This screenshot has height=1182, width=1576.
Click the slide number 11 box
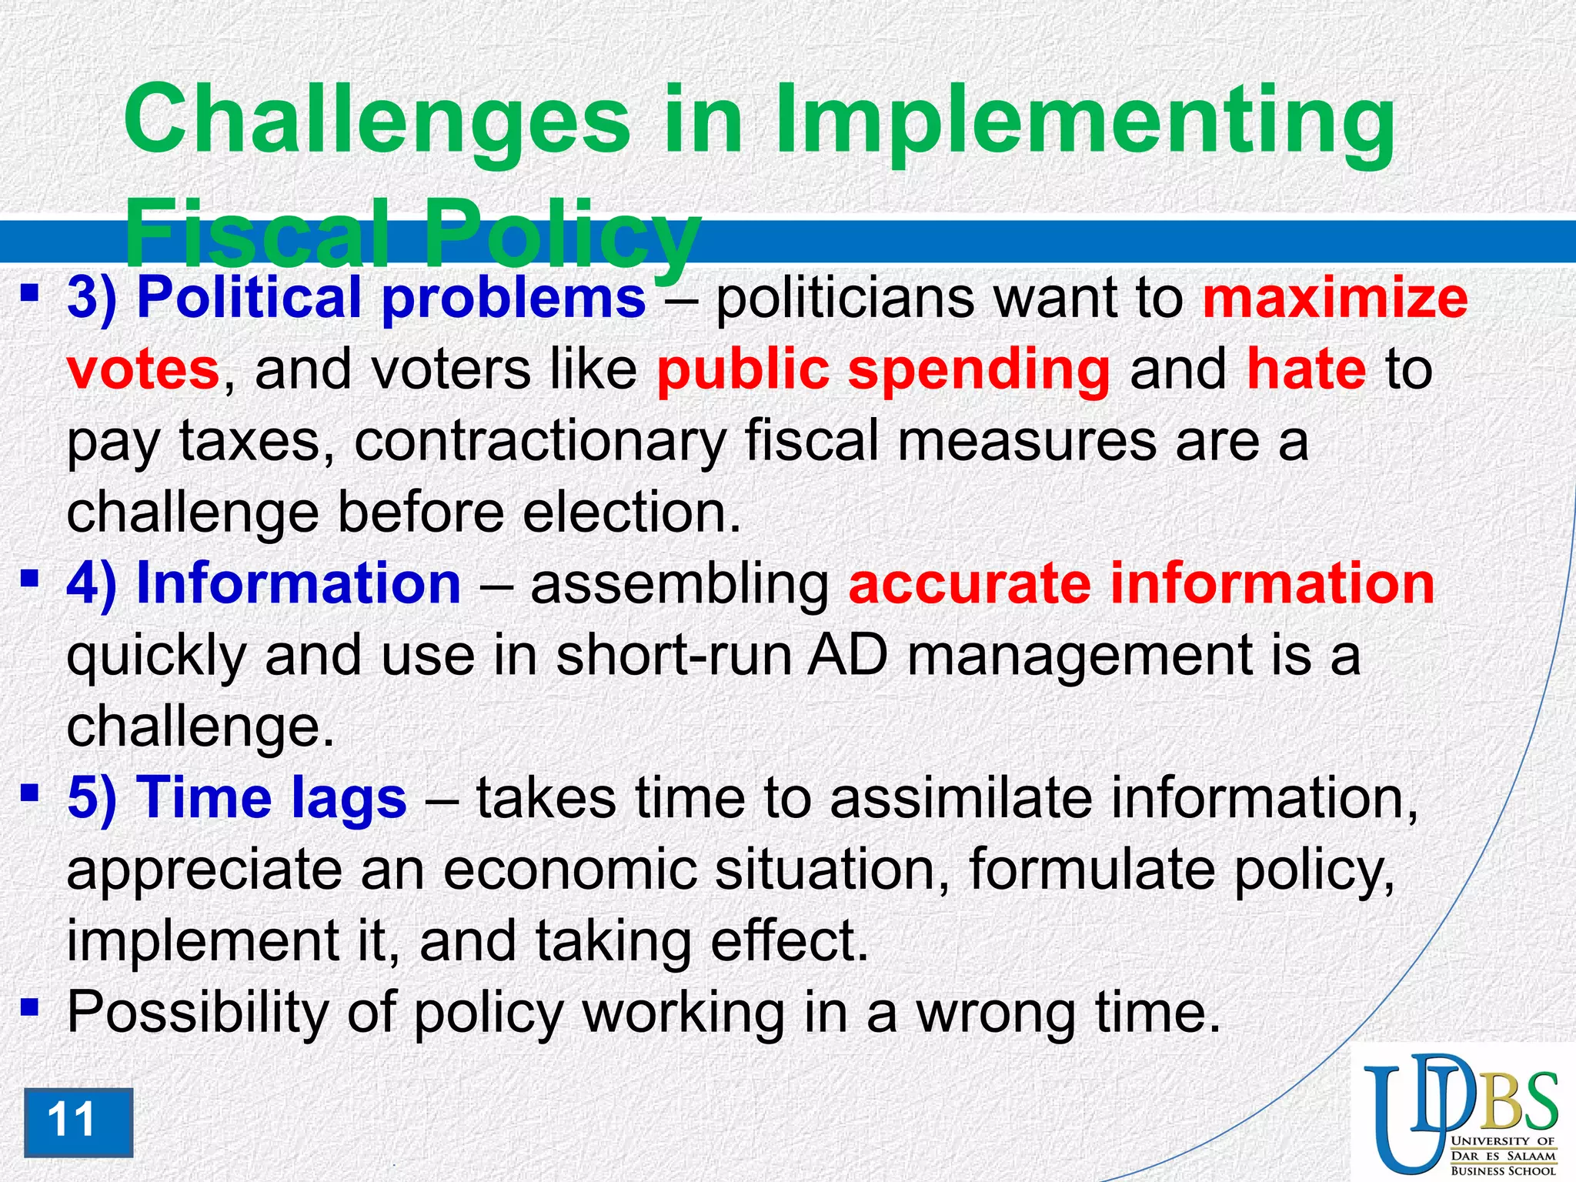tap(78, 1122)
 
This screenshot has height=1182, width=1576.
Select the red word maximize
tap(1335, 299)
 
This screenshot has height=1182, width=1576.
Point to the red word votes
tap(144, 370)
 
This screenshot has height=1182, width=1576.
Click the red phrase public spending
tap(883, 370)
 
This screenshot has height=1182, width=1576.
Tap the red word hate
tap(1306, 370)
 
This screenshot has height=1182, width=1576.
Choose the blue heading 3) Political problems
tap(356, 299)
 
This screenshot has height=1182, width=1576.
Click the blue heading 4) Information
tap(264, 583)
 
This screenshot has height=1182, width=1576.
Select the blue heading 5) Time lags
tap(237, 797)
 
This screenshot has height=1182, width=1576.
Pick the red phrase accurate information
tap(1141, 583)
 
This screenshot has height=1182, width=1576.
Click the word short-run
tap(673, 656)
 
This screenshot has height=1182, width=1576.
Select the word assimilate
tap(960, 797)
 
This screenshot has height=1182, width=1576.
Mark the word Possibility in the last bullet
tap(198, 1013)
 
